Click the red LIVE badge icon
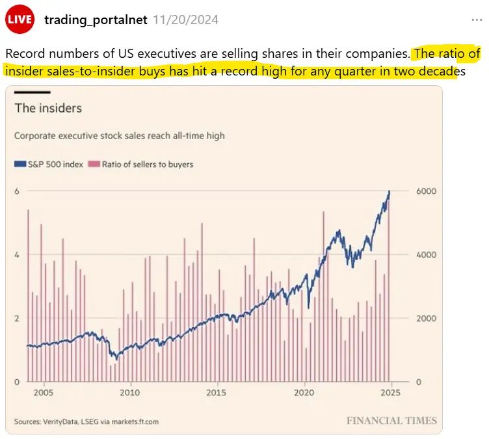[x=20, y=20]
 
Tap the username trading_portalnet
[x=96, y=20]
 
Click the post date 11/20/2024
[x=186, y=20]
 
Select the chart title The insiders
[x=48, y=108]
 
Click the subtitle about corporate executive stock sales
[x=120, y=136]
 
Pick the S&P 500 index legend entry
[x=49, y=165]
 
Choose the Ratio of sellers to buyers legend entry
[x=143, y=165]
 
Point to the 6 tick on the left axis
[x=18, y=191]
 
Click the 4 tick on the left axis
[x=18, y=255]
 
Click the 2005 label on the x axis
[x=44, y=393]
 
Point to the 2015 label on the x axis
[x=217, y=393]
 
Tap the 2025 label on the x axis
[x=390, y=393]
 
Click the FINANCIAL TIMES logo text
[x=391, y=421]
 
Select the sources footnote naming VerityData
[x=86, y=421]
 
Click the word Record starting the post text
[x=25, y=53]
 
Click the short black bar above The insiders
[x=32, y=92]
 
